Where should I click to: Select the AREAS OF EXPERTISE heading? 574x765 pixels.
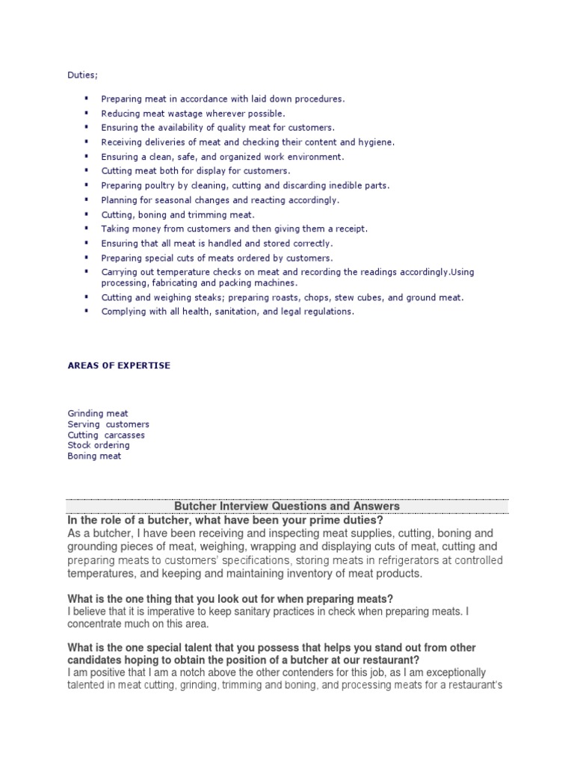click(119, 365)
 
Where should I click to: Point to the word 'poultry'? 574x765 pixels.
click(156, 185)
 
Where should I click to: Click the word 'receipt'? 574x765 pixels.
click(350, 229)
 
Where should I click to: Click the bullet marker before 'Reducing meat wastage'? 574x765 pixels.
click(86, 113)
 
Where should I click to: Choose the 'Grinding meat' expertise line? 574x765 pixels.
click(98, 413)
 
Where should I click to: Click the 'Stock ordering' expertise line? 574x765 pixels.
click(99, 445)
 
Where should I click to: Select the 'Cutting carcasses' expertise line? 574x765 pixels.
click(106, 435)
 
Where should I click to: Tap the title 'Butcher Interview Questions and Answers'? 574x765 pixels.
click(286, 506)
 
